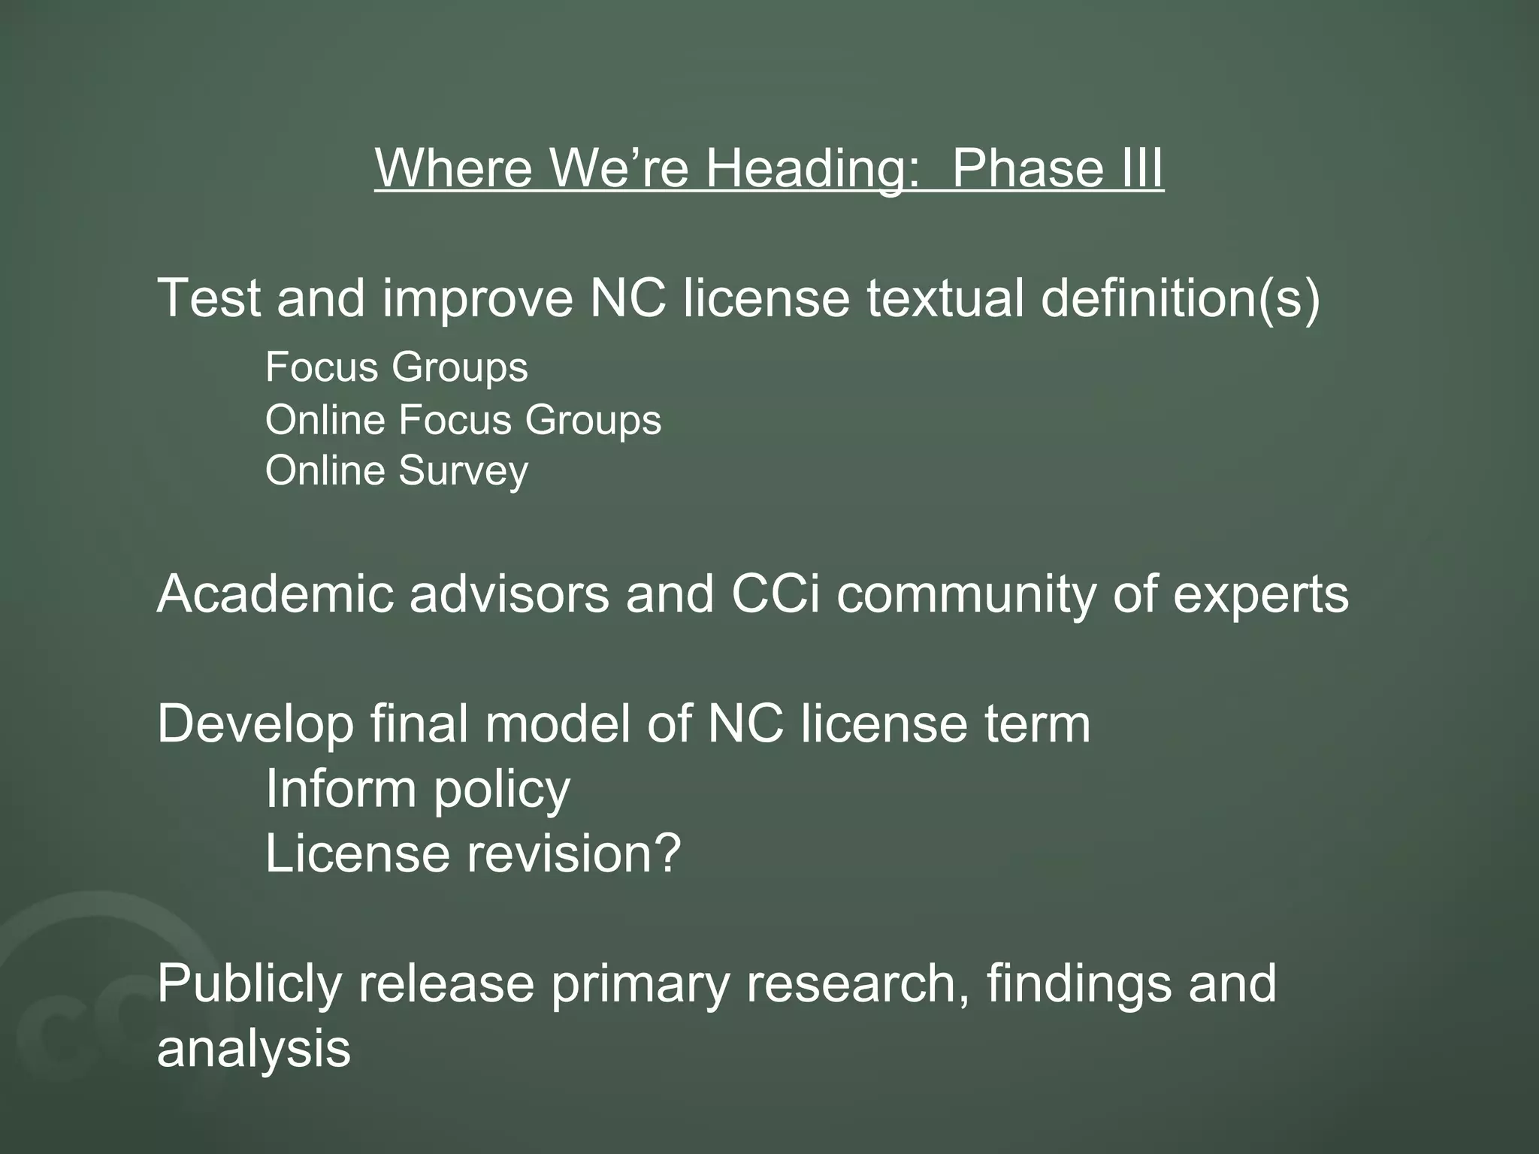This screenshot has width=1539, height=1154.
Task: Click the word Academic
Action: coord(275,594)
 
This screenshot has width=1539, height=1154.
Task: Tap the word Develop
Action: coord(255,725)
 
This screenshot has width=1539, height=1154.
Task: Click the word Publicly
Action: coord(249,984)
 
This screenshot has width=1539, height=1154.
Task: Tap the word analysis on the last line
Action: coord(253,1050)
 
